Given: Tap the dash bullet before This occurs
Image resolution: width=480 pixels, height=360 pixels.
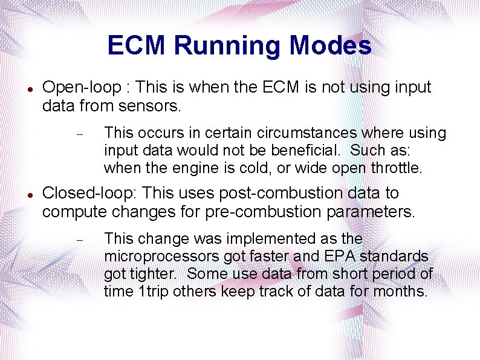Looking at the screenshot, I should click(x=79, y=133).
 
